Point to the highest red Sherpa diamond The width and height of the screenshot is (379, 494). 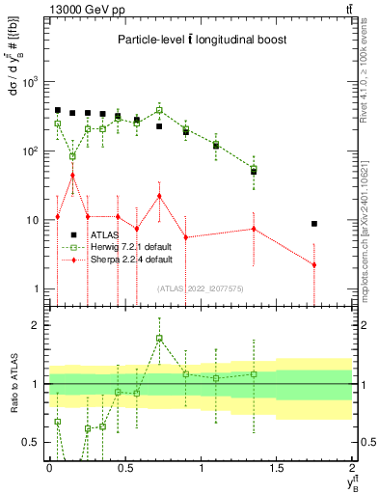tap(73, 176)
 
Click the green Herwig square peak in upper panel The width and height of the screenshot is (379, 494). tap(160, 110)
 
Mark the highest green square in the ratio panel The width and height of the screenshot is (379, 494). tap(160, 339)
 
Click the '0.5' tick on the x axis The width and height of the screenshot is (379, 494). tap(125, 467)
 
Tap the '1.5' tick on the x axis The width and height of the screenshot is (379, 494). tap(277, 467)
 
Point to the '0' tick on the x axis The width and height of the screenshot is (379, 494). tap(49, 467)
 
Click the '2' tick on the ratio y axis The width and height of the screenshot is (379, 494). tap(36, 325)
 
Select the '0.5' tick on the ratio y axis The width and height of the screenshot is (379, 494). tap(32, 442)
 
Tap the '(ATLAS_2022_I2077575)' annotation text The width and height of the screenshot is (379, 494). tap(200, 288)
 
